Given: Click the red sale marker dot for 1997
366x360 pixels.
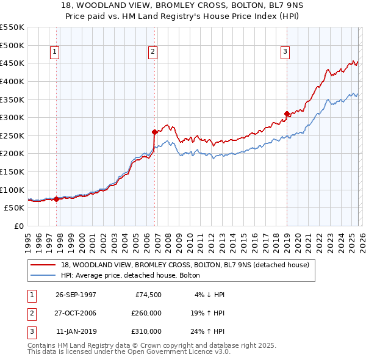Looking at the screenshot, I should (57, 199).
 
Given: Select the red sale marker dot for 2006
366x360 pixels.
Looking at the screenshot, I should (154, 132).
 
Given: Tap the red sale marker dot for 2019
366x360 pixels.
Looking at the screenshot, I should (286, 113).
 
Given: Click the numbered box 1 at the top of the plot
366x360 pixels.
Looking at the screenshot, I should (55, 52).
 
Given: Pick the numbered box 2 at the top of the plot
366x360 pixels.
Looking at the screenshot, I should (152, 52).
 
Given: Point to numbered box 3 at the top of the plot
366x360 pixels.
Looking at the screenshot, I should (285, 52).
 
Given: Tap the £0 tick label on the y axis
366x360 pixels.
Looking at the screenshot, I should (18, 226).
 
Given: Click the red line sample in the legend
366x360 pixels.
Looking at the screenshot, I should (44, 265).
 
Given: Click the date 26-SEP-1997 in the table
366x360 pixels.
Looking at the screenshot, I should (76, 295).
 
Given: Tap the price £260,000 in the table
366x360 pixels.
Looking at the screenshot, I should (146, 313).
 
